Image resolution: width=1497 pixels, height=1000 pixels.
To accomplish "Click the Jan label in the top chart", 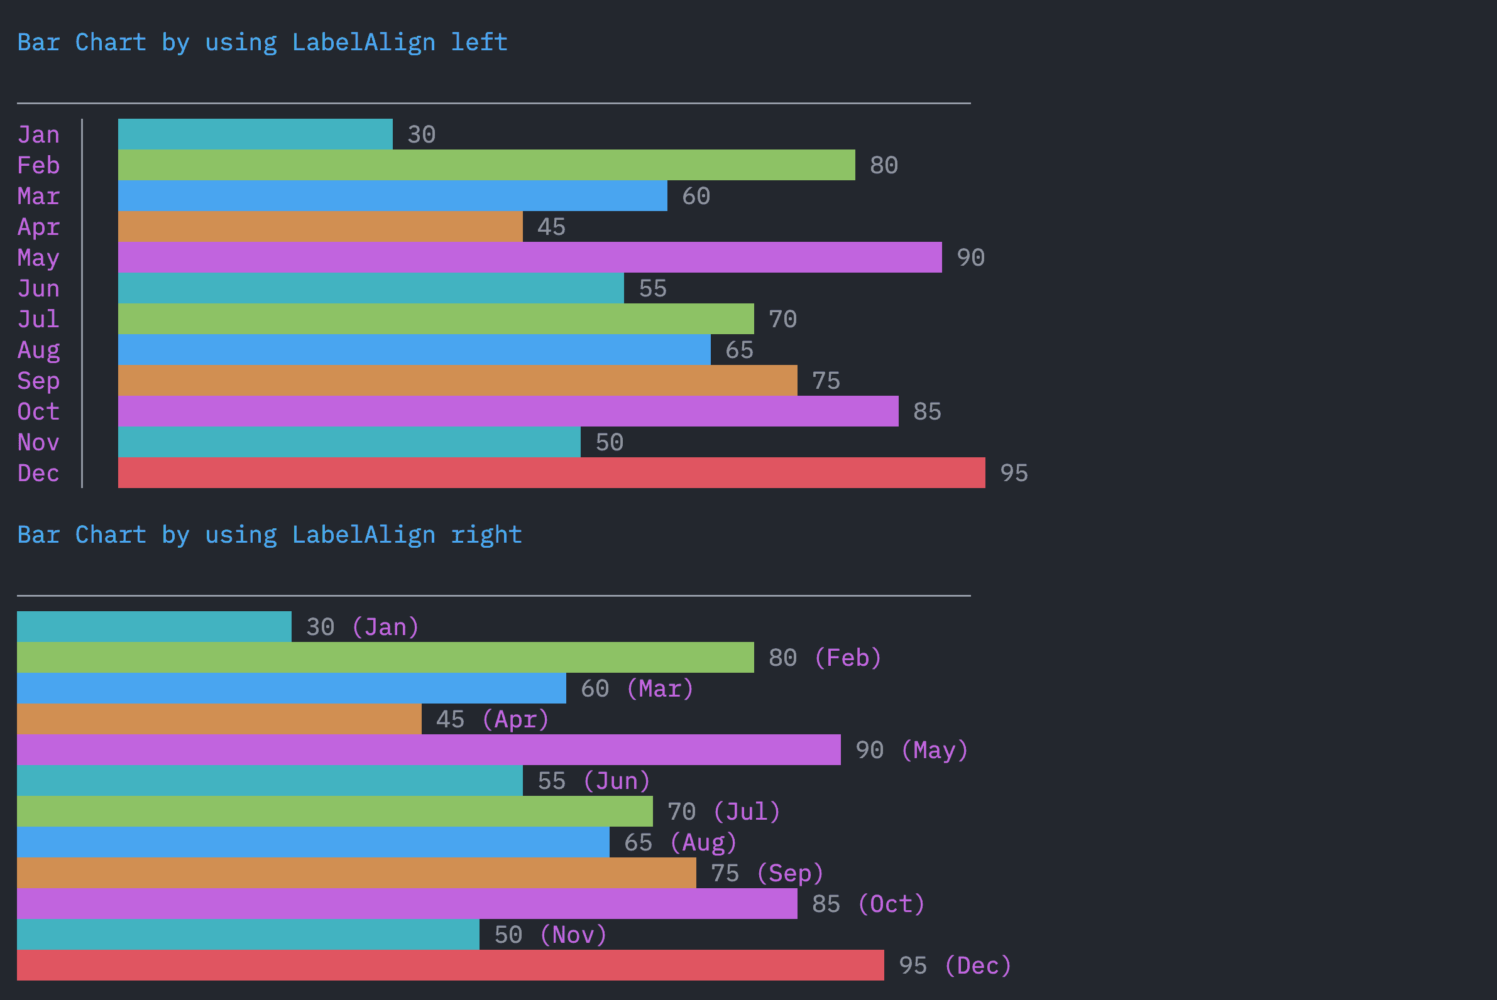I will pyautogui.click(x=38, y=134).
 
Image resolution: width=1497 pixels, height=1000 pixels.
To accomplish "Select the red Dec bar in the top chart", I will pyautogui.click(x=551, y=472).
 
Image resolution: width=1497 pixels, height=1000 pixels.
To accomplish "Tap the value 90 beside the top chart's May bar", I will pyautogui.click(x=970, y=258).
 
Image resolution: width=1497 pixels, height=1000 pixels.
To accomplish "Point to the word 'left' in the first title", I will pyautogui.click(x=480, y=42).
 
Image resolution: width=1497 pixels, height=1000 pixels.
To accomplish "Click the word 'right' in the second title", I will pyautogui.click(x=486, y=535).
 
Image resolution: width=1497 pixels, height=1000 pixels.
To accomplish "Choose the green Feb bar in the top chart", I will pyautogui.click(x=486, y=165).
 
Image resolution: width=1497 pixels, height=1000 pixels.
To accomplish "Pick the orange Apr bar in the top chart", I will pyautogui.click(x=321, y=226).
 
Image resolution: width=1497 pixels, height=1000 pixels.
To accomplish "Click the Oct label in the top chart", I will pyautogui.click(x=38, y=411).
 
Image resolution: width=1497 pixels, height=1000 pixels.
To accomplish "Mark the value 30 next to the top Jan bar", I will pyautogui.click(x=421, y=134).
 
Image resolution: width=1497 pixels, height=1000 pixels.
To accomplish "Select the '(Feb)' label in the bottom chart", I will pyautogui.click(x=848, y=658).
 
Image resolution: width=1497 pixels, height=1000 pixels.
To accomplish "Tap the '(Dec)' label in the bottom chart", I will pyautogui.click(x=979, y=965).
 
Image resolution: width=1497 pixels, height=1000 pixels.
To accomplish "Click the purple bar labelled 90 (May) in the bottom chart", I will pyautogui.click(x=429, y=750).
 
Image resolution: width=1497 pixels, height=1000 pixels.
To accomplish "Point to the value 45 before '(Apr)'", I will pyautogui.click(x=450, y=719).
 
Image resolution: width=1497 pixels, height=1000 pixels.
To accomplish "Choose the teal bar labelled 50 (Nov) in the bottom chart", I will pyautogui.click(x=248, y=935).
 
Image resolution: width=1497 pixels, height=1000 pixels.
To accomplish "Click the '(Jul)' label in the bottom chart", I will pyautogui.click(x=747, y=812).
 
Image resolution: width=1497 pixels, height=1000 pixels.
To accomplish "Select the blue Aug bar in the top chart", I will pyautogui.click(x=414, y=349).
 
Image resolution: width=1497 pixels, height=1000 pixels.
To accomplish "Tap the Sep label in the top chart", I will pyautogui.click(x=38, y=381).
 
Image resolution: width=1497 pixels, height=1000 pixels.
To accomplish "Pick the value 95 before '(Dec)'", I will pyautogui.click(x=913, y=965).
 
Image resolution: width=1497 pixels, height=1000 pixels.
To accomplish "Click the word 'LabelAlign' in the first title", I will pyautogui.click(x=364, y=42).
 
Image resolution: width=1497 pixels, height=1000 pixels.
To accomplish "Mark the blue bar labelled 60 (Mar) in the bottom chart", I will pyautogui.click(x=292, y=689).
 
